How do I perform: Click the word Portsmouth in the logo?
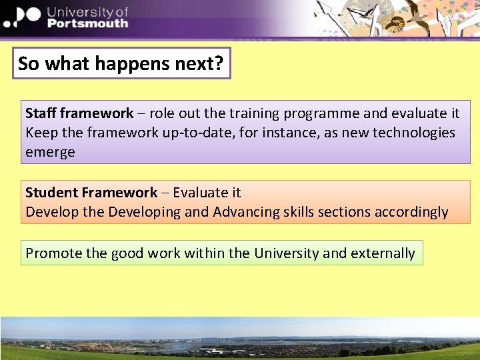87,23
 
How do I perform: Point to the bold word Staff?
41,113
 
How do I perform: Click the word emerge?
50,152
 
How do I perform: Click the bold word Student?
52,193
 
